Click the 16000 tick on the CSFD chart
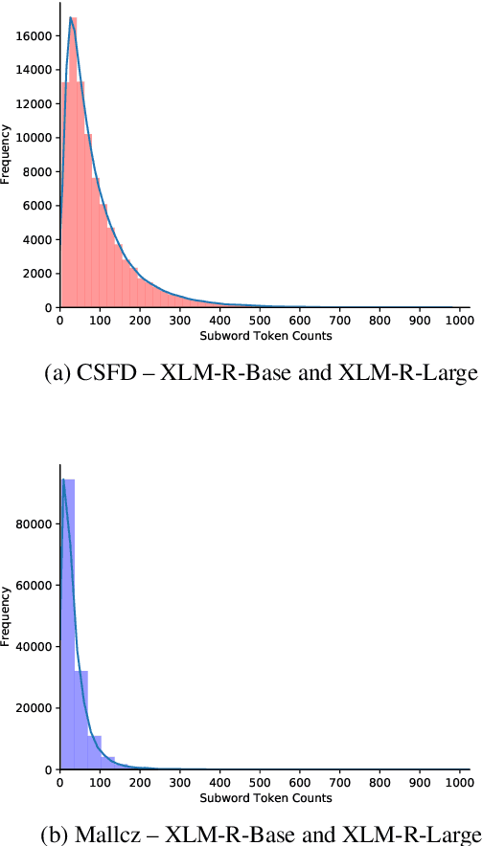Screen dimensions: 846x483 click(36, 35)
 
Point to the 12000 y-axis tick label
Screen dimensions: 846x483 click(36, 103)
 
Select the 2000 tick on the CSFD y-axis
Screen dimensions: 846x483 click(39, 273)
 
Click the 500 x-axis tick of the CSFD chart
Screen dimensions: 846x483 click(259, 323)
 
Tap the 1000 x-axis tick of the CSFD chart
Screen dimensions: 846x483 click(458, 323)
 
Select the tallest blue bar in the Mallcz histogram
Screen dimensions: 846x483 click(68, 622)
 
